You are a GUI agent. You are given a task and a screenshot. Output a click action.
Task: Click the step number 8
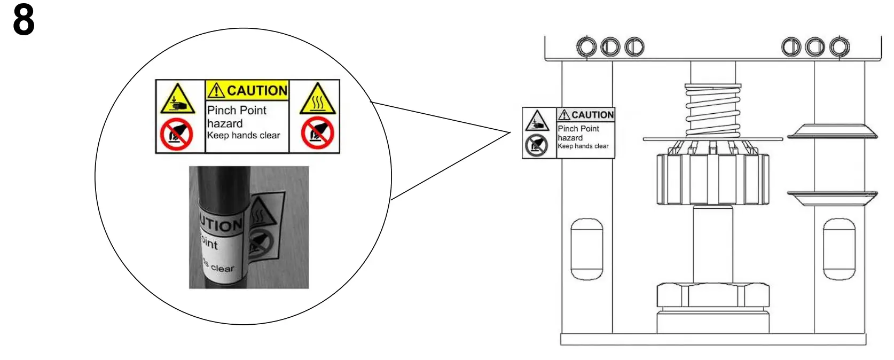tap(23, 21)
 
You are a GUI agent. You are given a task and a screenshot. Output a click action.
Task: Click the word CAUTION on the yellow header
tap(257, 91)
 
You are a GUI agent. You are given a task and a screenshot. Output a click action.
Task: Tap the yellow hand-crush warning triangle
tap(177, 99)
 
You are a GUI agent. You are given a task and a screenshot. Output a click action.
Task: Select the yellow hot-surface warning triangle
tap(318, 100)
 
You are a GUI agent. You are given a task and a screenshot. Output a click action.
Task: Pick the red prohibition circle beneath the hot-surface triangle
tap(317, 134)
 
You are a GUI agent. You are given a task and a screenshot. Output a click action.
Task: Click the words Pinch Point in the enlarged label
tap(237, 111)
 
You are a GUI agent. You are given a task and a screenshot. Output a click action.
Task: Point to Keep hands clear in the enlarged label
tap(244, 136)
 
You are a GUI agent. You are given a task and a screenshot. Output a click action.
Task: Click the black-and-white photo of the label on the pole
tap(249, 228)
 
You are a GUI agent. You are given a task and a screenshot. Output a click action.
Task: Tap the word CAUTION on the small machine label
tap(592, 115)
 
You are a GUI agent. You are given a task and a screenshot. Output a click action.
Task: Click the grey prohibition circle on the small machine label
tap(536, 145)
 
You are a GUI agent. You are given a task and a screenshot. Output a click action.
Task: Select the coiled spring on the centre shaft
tap(713, 111)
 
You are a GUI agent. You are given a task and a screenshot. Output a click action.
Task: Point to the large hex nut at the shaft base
tap(712, 295)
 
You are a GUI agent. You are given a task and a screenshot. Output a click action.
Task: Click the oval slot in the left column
tap(587, 249)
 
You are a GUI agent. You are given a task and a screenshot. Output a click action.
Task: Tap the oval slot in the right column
tap(839, 249)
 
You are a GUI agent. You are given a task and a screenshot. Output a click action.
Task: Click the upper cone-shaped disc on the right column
tap(833, 131)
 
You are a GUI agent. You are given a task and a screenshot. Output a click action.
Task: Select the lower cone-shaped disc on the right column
tap(833, 198)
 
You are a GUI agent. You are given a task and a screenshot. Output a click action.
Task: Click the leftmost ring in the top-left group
tap(586, 47)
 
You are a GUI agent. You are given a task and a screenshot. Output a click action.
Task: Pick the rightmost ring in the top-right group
tap(839, 47)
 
